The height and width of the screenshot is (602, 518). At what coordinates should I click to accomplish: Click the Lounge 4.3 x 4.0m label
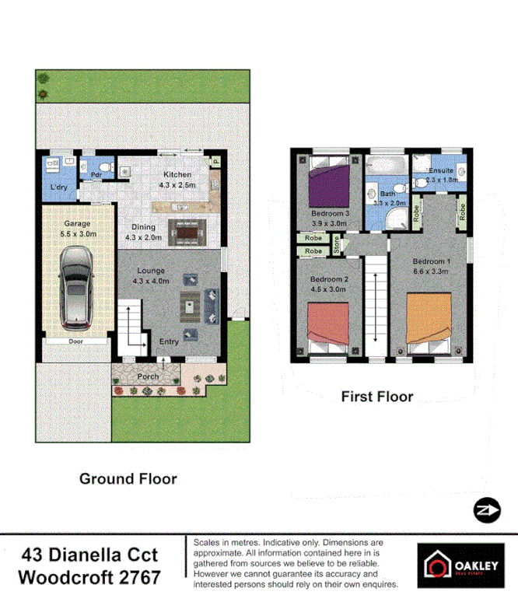pos(150,275)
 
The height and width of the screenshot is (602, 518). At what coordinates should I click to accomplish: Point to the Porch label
pos(148,376)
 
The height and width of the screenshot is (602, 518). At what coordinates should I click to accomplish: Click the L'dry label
pos(58,188)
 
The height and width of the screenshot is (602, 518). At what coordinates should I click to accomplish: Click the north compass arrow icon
pos(485,509)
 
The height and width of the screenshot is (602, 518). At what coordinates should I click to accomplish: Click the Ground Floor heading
pos(128,479)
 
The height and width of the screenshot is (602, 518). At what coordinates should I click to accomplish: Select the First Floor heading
pos(377,397)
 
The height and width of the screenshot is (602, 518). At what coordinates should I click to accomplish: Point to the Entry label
pos(169,341)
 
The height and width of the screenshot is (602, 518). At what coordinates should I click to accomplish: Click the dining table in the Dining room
pos(187,230)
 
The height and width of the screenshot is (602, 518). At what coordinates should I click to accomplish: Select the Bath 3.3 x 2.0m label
pos(387,198)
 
